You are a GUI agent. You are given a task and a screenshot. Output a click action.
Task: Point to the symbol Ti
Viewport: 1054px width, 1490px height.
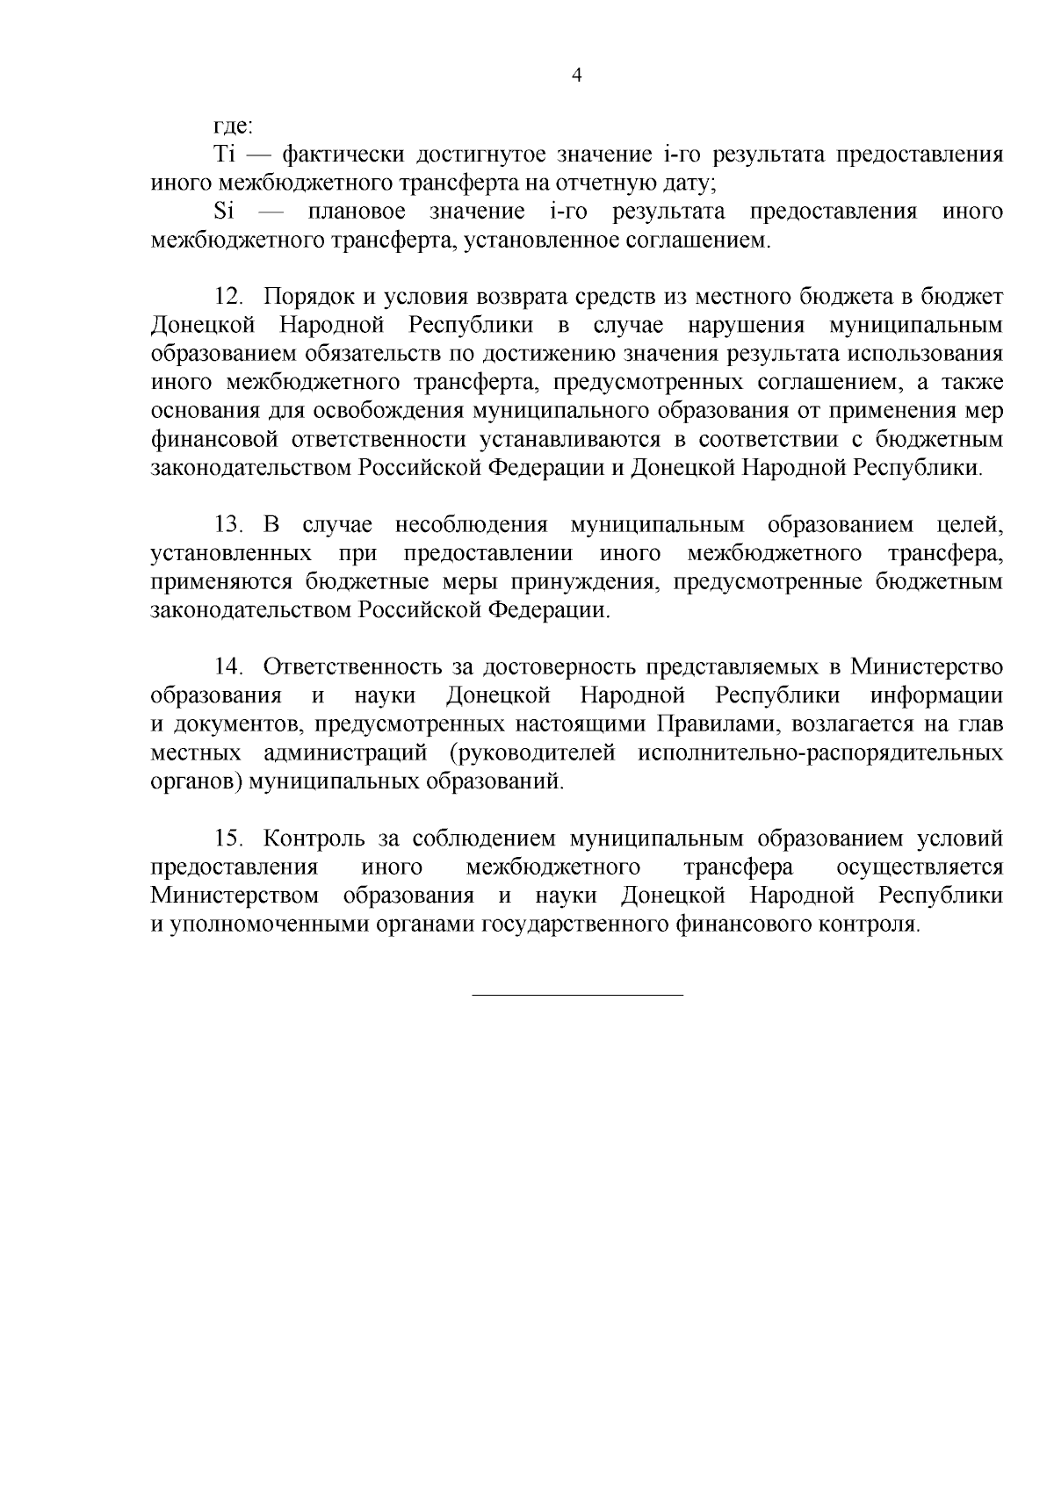click(225, 155)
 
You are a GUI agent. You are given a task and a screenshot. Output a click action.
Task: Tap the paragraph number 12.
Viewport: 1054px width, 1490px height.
click(228, 297)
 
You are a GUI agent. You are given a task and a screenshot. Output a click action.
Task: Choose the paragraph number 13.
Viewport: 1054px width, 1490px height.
click(228, 525)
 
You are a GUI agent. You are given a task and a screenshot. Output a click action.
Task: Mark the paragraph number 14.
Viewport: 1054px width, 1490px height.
click(228, 667)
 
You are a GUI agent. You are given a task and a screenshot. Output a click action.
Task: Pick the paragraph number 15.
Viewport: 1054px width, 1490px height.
click(228, 839)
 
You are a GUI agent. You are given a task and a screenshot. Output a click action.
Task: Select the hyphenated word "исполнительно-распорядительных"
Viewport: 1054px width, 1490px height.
click(821, 752)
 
